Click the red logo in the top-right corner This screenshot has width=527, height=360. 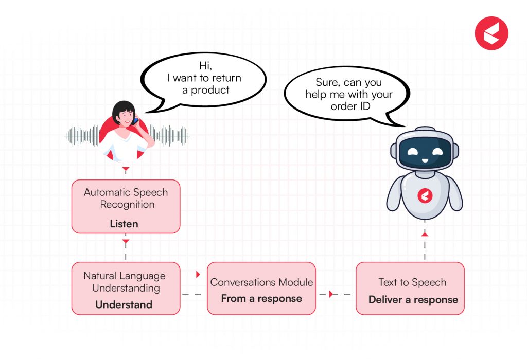[491, 33]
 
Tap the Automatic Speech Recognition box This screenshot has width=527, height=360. [126, 206]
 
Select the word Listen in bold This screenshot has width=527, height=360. [124, 224]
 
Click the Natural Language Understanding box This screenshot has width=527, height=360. [126, 288]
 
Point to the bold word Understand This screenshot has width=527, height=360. [124, 304]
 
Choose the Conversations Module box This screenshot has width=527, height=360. [261, 288]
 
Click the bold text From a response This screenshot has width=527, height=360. [261, 298]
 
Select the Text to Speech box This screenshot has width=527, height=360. [410, 288]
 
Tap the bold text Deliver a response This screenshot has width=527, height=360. [413, 300]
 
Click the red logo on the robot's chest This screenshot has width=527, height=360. [425, 196]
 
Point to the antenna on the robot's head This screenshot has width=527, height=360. [425, 130]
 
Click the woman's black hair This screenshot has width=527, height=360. [123, 108]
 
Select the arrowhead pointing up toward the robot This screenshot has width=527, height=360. [425, 234]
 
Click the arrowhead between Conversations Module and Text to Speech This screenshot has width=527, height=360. [331, 294]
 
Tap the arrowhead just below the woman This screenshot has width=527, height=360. [126, 169]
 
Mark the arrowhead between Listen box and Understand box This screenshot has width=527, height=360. [126, 241]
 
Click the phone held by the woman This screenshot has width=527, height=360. [136, 121]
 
